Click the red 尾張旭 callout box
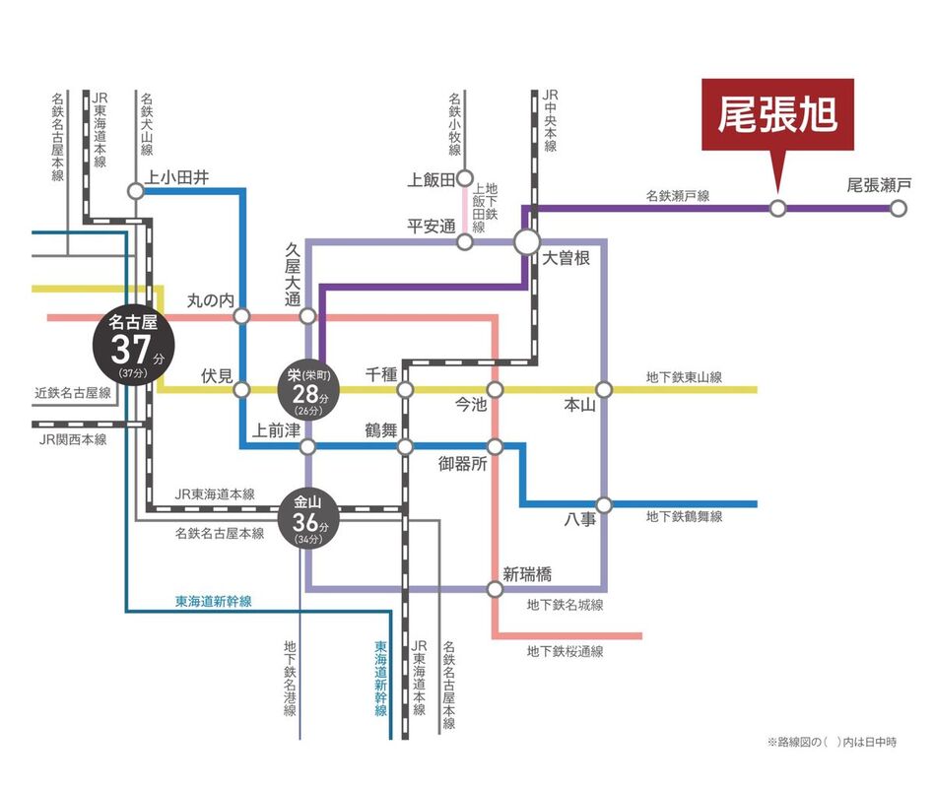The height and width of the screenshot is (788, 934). pos(777,116)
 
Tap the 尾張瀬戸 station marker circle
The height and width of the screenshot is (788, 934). pos(898,208)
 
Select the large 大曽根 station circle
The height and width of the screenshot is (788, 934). pos(526,240)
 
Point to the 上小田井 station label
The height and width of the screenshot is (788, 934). pos(178,177)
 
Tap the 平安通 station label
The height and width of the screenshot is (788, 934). pos(432,226)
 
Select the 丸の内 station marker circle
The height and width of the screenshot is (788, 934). pos(242,316)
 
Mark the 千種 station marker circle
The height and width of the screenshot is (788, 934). pos(405,390)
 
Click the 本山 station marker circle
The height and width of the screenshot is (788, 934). pos(604,390)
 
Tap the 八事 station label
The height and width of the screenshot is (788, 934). pos(580,519)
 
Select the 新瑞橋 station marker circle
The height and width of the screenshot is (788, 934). pos(495,589)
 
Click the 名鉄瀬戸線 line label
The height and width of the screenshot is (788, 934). pos(678,197)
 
